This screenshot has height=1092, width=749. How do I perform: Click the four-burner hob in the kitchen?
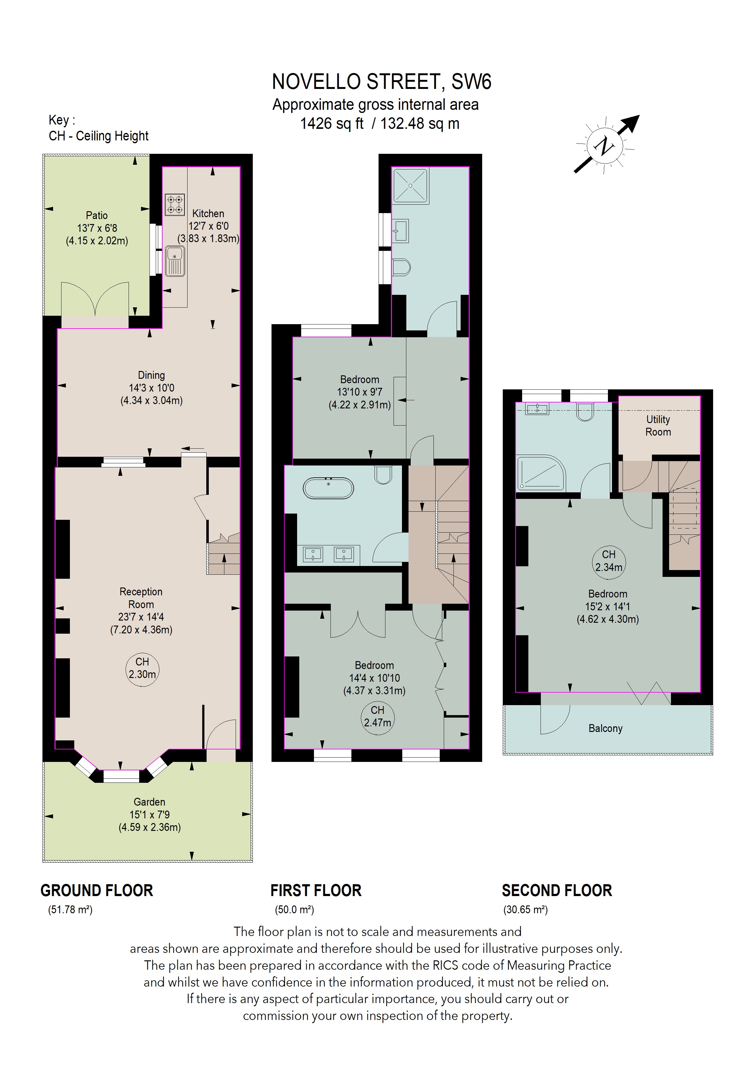click(174, 205)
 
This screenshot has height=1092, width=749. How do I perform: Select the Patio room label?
click(97, 216)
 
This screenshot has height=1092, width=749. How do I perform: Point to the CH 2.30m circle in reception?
click(142, 668)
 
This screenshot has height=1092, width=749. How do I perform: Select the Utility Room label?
click(658, 426)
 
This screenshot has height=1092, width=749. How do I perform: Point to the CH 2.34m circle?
click(609, 561)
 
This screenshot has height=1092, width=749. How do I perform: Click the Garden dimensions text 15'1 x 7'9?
click(149, 815)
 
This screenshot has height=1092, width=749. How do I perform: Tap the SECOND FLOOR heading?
click(557, 890)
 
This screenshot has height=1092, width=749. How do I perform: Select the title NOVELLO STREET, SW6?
click(382, 82)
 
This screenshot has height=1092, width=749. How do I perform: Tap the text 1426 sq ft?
click(332, 124)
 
